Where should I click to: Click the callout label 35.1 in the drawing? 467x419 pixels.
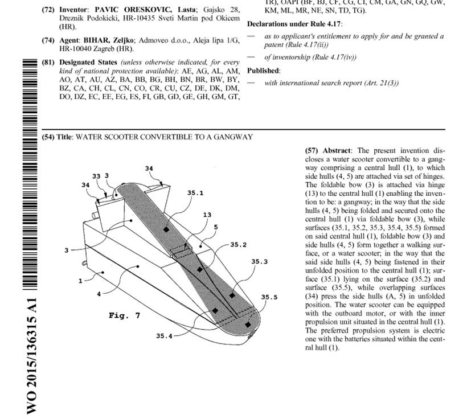click(x=195, y=193)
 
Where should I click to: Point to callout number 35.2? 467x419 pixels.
click(x=238, y=245)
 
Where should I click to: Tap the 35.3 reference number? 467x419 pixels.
click(x=260, y=261)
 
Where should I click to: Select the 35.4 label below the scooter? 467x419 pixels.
click(x=165, y=336)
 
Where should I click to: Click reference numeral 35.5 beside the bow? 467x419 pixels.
click(x=269, y=297)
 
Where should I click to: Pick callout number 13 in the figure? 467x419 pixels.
click(x=207, y=215)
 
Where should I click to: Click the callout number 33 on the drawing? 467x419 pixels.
click(x=96, y=176)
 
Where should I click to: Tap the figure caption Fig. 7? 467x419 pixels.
click(x=124, y=315)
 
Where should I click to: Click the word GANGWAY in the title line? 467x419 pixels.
click(x=234, y=137)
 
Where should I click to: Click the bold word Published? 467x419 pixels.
click(x=264, y=71)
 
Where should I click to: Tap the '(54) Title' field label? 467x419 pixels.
click(x=58, y=137)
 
